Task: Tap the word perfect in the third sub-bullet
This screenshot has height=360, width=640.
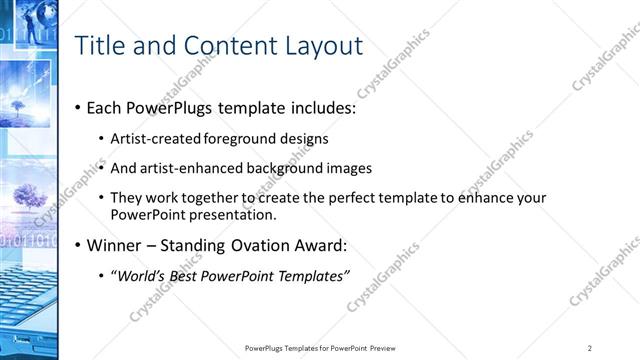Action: [x=330, y=198]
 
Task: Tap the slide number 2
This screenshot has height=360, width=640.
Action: [x=591, y=348]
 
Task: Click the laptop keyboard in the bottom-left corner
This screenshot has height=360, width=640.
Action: [x=25, y=310]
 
